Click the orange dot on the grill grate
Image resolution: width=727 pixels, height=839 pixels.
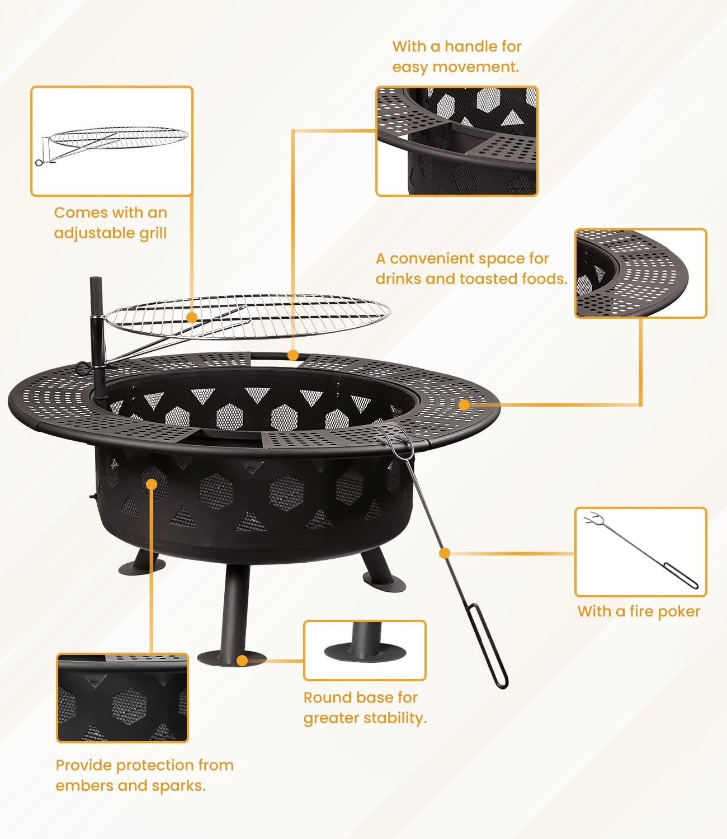[x=192, y=318]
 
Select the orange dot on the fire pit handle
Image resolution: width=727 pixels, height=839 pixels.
[x=292, y=355]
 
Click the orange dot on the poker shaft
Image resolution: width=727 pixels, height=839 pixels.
[x=445, y=553]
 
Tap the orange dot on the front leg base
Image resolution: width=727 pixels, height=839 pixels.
[x=242, y=661]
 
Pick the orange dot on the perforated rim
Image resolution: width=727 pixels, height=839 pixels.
[x=464, y=404]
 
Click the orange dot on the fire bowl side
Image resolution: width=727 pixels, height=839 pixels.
[x=152, y=483]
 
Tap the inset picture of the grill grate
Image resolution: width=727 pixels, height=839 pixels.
[x=112, y=141]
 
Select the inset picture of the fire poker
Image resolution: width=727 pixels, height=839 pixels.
[x=641, y=552]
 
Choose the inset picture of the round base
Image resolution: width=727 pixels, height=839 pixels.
[x=365, y=650]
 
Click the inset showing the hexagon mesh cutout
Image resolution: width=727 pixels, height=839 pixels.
[x=122, y=698]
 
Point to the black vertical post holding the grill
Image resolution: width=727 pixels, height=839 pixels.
[x=99, y=336]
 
